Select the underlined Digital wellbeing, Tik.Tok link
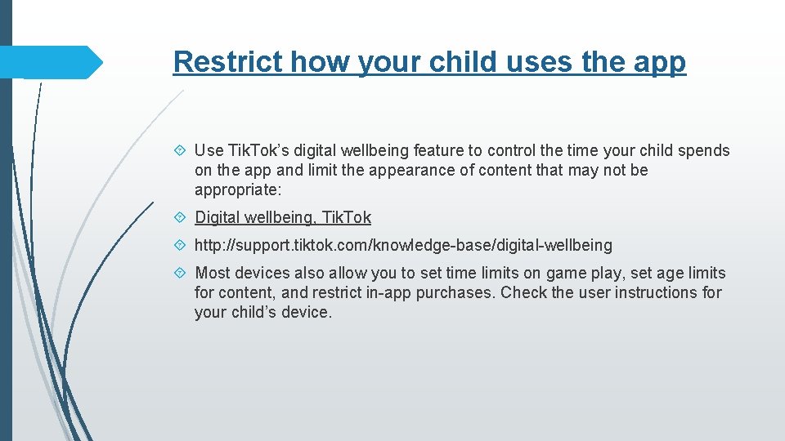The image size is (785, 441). point(283,217)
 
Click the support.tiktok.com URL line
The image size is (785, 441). point(403,245)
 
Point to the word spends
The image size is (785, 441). point(706,150)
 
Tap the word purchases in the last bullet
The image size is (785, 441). point(454,292)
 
